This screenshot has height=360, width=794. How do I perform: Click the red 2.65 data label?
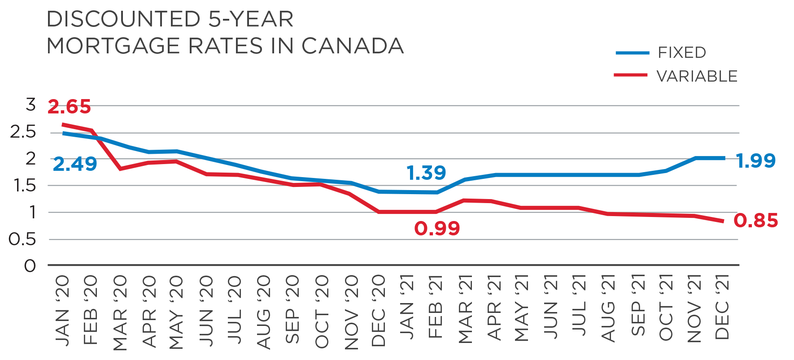(70, 107)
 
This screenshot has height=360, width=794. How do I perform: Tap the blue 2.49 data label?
(75, 164)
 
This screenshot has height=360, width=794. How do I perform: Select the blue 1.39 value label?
(427, 173)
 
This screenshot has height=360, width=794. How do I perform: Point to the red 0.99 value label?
(437, 229)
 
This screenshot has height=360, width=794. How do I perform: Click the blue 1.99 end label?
(756, 160)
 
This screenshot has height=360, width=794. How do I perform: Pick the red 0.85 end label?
(756, 221)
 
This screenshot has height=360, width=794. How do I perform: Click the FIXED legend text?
(682, 53)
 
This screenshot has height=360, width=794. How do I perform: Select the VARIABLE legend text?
(697, 76)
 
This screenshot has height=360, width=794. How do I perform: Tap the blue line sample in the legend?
(632, 53)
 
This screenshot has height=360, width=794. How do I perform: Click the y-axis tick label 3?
(31, 105)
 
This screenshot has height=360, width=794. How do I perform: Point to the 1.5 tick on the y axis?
(23, 186)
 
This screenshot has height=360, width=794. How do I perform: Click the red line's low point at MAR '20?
(120, 169)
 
